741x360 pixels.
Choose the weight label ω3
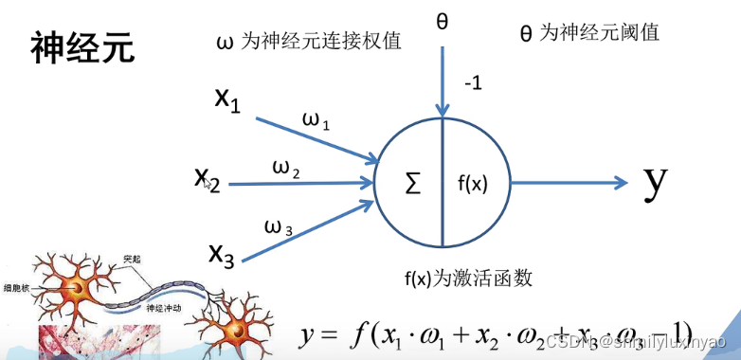[279, 227]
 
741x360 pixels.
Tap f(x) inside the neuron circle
[471, 184]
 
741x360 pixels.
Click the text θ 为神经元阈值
[589, 33]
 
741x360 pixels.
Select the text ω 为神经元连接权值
[309, 42]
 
